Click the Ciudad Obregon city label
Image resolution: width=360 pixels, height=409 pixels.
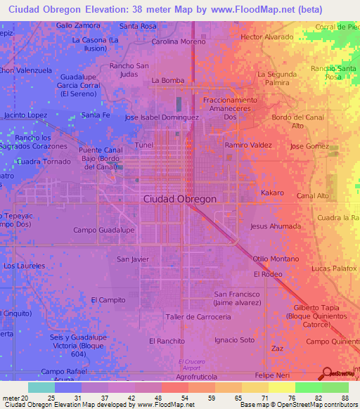point(180,199)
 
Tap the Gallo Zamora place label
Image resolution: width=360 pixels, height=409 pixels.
point(78,25)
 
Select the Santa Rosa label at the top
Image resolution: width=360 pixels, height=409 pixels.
point(138,26)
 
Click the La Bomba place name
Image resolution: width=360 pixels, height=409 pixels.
point(167,80)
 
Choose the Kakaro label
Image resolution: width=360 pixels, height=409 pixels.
point(272,193)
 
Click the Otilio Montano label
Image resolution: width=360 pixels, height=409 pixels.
point(276,259)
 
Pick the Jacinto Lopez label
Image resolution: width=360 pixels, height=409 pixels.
point(25,115)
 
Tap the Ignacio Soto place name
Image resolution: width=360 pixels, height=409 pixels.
point(235,340)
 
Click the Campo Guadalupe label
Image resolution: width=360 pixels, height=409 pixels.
point(103,230)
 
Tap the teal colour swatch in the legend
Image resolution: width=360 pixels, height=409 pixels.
point(41,387)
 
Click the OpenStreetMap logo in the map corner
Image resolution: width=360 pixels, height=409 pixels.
point(340,375)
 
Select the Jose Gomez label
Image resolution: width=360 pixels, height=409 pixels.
point(309,146)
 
